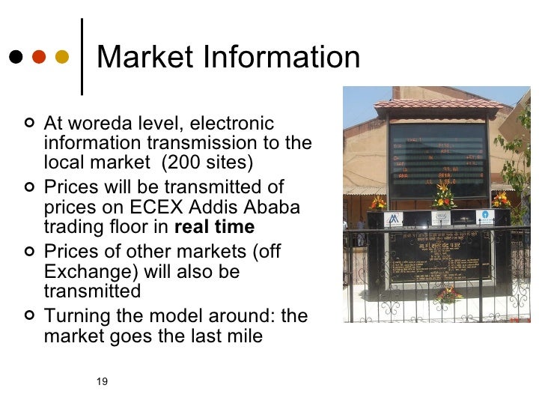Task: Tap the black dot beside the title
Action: [15, 58]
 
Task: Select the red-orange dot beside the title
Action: [38, 58]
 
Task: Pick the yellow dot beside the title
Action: [61, 58]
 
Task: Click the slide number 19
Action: [103, 382]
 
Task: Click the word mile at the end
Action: [246, 336]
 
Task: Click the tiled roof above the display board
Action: [436, 103]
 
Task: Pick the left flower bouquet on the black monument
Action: [379, 202]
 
